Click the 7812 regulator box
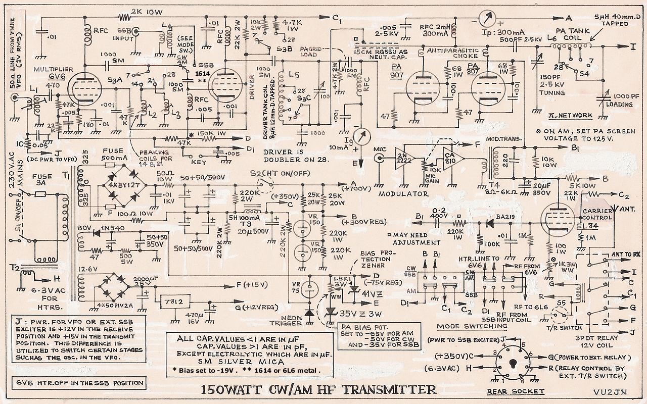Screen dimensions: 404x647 172,301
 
